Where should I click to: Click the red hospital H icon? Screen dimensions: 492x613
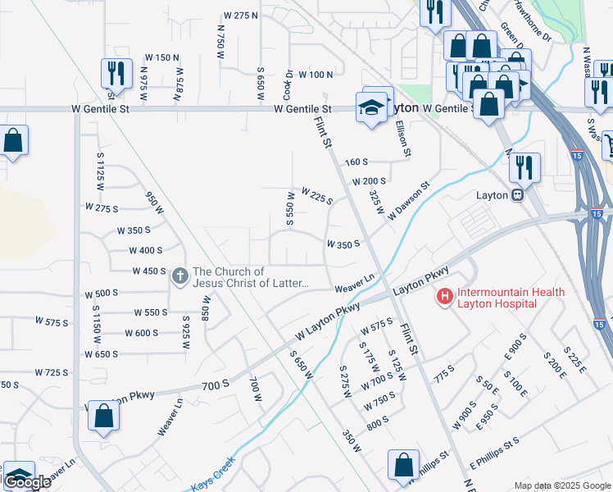[x=445, y=296]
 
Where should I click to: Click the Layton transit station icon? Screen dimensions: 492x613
[x=518, y=194]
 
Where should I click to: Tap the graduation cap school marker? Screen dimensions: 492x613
[x=371, y=107]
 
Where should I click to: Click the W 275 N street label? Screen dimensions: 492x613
[x=241, y=16]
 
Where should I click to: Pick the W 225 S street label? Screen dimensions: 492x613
[x=317, y=196]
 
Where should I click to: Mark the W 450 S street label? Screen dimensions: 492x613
[x=149, y=271]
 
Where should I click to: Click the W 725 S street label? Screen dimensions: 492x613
[x=52, y=371]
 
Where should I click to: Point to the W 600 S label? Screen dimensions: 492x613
[x=141, y=333]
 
